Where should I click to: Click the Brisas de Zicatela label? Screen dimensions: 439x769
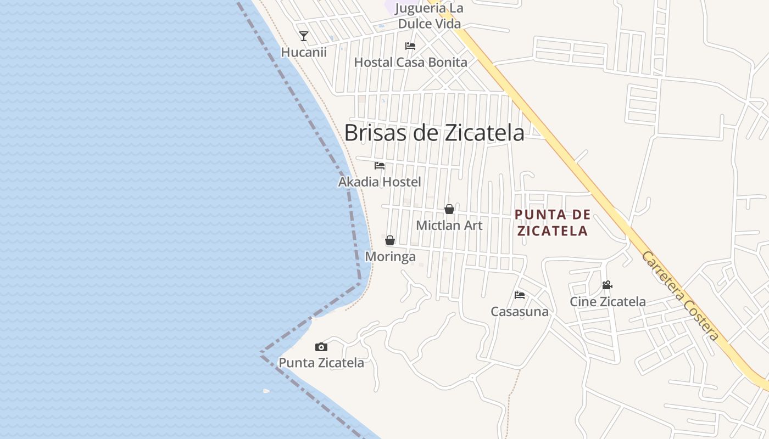[434, 132]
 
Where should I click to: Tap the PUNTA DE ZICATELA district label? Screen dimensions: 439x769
[553, 222]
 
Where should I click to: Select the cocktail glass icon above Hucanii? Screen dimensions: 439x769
[303, 36]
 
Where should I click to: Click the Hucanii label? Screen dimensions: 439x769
[304, 52]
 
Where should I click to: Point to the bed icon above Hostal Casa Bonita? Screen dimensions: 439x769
[410, 46]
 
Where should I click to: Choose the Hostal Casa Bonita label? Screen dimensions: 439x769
[410, 62]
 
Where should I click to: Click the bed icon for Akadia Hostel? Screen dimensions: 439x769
[380, 166]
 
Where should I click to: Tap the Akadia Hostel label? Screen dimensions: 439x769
[380, 182]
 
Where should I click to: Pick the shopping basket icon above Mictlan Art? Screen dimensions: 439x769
[449, 209]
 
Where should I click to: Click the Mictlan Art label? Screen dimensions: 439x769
[449, 225]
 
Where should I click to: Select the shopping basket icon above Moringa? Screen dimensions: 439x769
[390, 240]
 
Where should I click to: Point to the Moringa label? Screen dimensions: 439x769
[390, 256]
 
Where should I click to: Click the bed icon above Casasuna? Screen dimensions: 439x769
[520, 295]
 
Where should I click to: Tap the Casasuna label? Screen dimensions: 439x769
[520, 312]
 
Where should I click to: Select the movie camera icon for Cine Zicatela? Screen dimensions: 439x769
[607, 285]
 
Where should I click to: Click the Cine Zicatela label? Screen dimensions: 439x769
[608, 301]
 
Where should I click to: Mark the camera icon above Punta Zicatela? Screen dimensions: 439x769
[321, 347]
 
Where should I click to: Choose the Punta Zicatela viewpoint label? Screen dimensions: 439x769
[321, 363]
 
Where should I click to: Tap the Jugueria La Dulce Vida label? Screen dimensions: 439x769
[429, 16]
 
